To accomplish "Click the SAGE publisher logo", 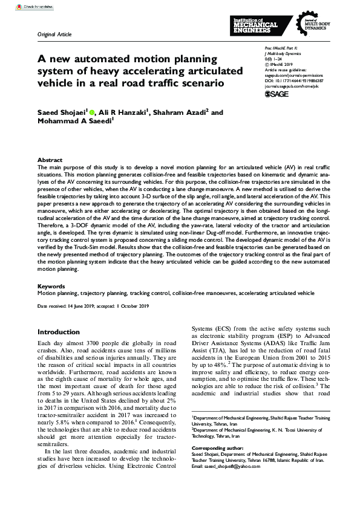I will tap(277, 94).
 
